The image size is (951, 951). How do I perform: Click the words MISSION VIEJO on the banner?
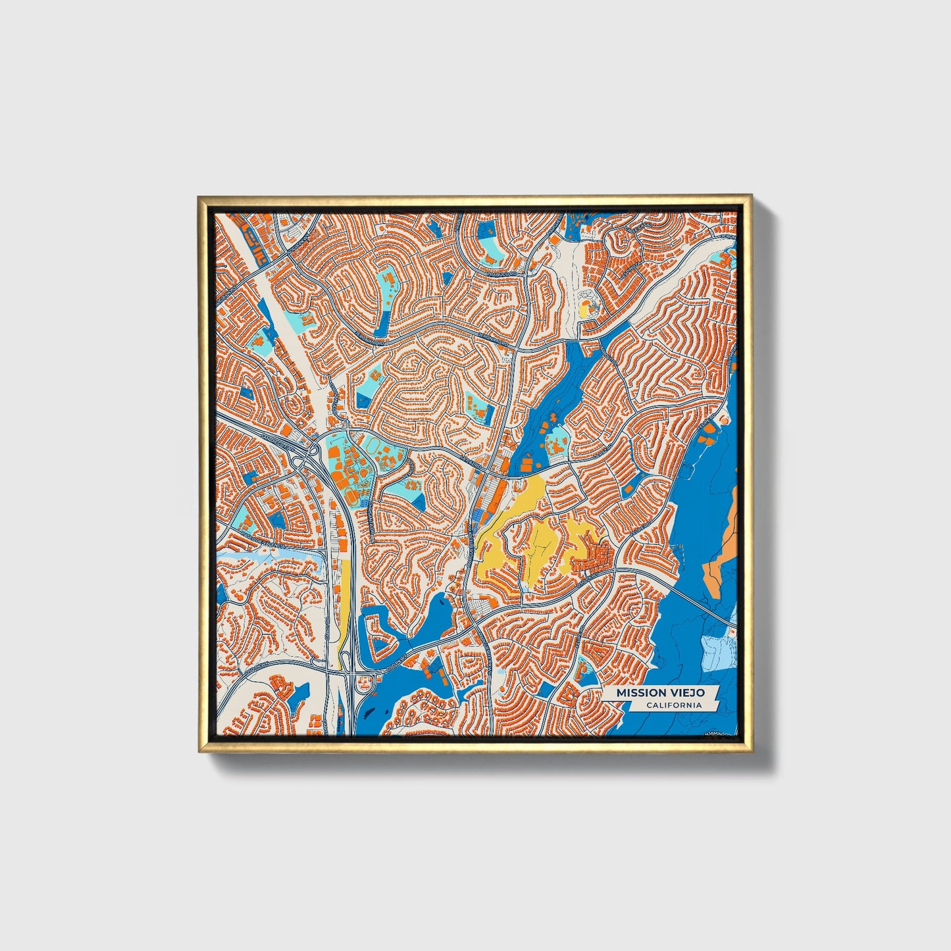[x=660, y=693]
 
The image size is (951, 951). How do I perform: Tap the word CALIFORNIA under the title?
[x=673, y=706]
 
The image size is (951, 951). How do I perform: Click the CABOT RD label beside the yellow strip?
[x=327, y=629]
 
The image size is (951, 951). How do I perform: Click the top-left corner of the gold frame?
[x=198, y=196]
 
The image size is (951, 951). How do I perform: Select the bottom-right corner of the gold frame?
[x=751, y=751]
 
